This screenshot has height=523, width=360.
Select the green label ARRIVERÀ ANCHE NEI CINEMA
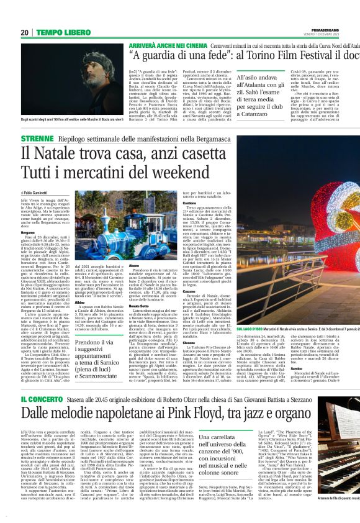(164, 45)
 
